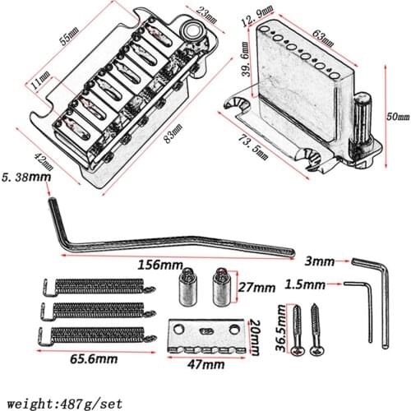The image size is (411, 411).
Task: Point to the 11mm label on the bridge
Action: [x=38, y=81]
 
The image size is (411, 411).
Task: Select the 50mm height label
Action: [x=394, y=118]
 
